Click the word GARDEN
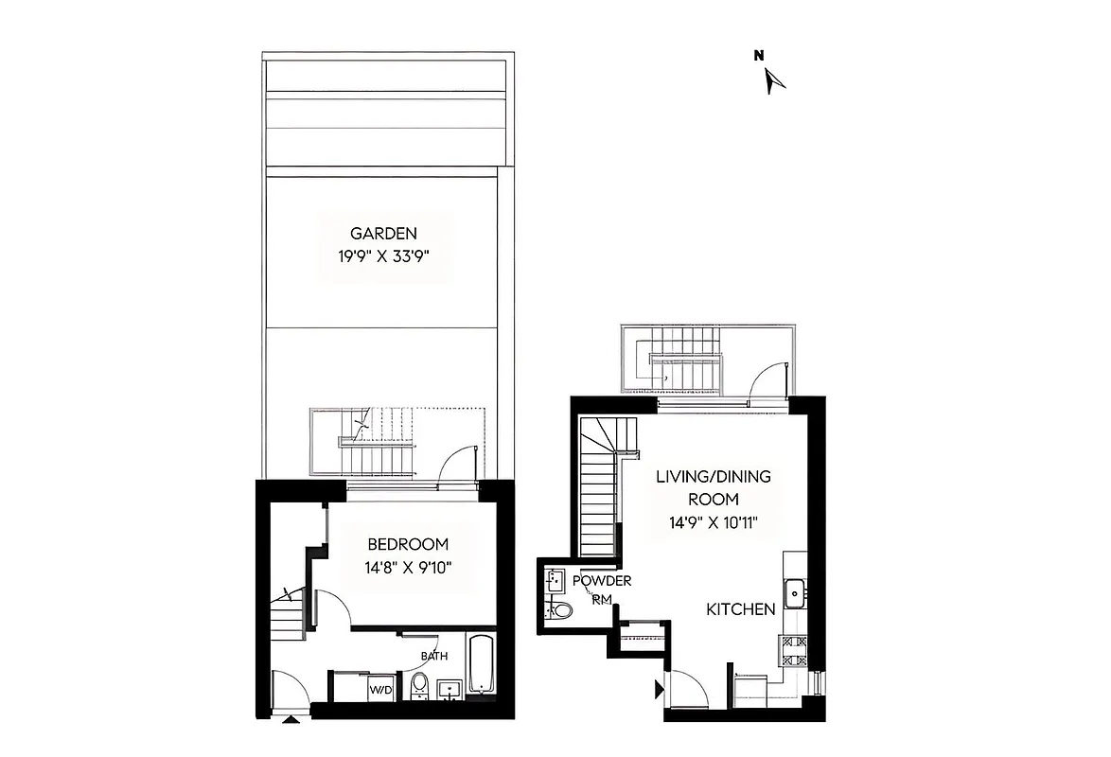[x=383, y=234]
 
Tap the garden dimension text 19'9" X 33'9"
[x=383, y=255]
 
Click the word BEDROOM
[x=408, y=545]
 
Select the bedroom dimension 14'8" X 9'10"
[x=408, y=568]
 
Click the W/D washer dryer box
[x=380, y=688]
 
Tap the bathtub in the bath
[x=481, y=666]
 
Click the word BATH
[x=435, y=656]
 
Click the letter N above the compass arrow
[x=758, y=56]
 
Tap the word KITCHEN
[x=741, y=610]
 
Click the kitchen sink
[x=796, y=593]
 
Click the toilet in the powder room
[x=561, y=610]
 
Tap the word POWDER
[x=602, y=581]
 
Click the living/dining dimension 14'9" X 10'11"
[x=714, y=521]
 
